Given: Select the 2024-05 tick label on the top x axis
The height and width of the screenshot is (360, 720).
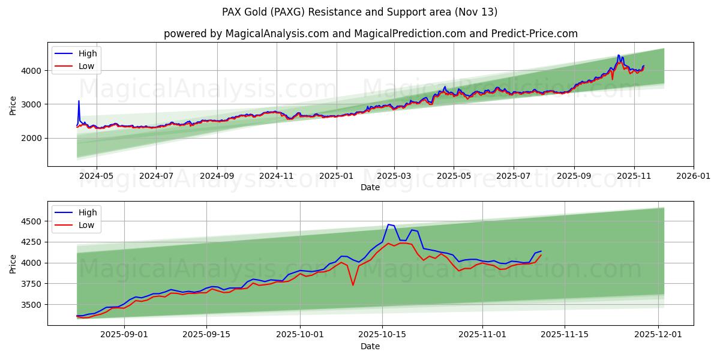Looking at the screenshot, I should click(x=96, y=176).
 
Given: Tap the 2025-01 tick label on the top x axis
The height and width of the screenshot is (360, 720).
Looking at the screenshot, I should click(x=336, y=176).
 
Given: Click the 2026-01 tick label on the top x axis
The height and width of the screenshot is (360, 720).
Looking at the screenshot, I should click(x=694, y=176).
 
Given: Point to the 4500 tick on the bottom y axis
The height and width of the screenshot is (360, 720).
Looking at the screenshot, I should click(x=32, y=221).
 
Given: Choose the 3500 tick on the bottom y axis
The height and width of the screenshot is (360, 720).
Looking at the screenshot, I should click(x=32, y=305).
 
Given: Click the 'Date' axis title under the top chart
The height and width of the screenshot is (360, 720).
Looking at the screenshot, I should click(x=370, y=187).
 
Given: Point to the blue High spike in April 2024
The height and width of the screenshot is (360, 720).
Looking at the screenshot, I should click(x=79, y=101).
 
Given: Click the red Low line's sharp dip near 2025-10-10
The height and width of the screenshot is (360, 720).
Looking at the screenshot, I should click(x=353, y=284).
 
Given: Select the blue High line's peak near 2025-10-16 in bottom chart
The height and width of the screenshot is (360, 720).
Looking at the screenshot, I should click(x=388, y=224).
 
